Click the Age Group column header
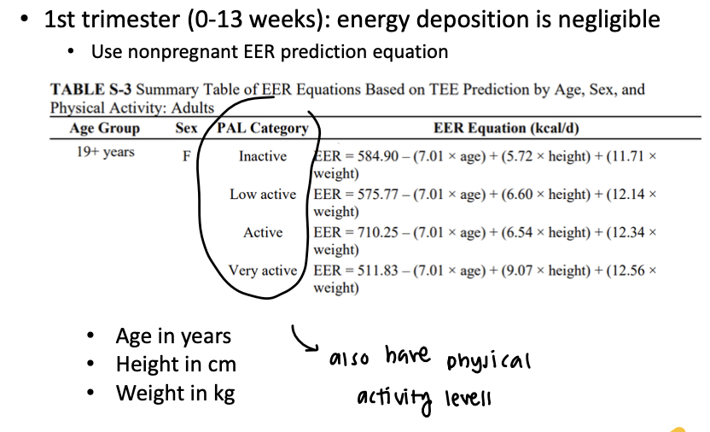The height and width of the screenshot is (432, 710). click(x=105, y=128)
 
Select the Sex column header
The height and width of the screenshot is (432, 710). click(x=186, y=128)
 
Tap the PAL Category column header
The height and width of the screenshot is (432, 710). click(x=263, y=128)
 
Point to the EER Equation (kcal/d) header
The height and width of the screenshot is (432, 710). click(x=492, y=128)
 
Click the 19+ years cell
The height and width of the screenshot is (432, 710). click(x=106, y=153)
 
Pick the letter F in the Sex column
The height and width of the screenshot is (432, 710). click(x=186, y=156)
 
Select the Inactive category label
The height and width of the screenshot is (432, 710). click(x=263, y=156)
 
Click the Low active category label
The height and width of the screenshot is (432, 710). click(x=263, y=194)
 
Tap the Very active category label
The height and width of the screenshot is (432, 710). click(x=263, y=271)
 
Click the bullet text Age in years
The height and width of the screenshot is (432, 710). click(x=173, y=336)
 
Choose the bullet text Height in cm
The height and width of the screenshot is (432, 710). click(x=176, y=365)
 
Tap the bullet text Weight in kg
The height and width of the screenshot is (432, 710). click(x=175, y=393)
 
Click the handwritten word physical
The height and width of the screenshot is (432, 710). click(x=489, y=361)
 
